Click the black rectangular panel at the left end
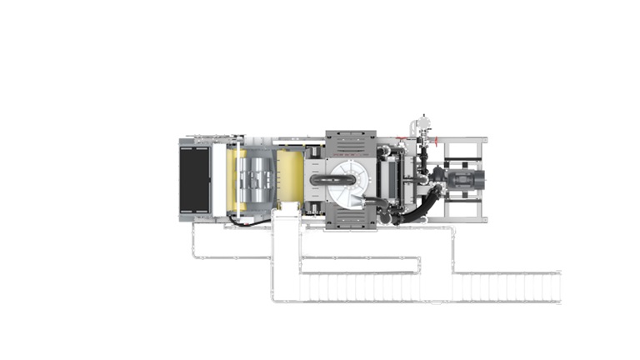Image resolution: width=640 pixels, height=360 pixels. (195, 180)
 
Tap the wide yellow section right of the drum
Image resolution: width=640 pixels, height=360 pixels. (290, 178)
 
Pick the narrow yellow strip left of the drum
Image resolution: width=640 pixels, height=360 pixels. (232, 179)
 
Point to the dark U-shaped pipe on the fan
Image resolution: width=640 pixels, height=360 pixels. (322, 179)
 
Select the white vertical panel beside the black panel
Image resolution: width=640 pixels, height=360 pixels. (218, 180)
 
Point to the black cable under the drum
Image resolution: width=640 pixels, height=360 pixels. (249, 222)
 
